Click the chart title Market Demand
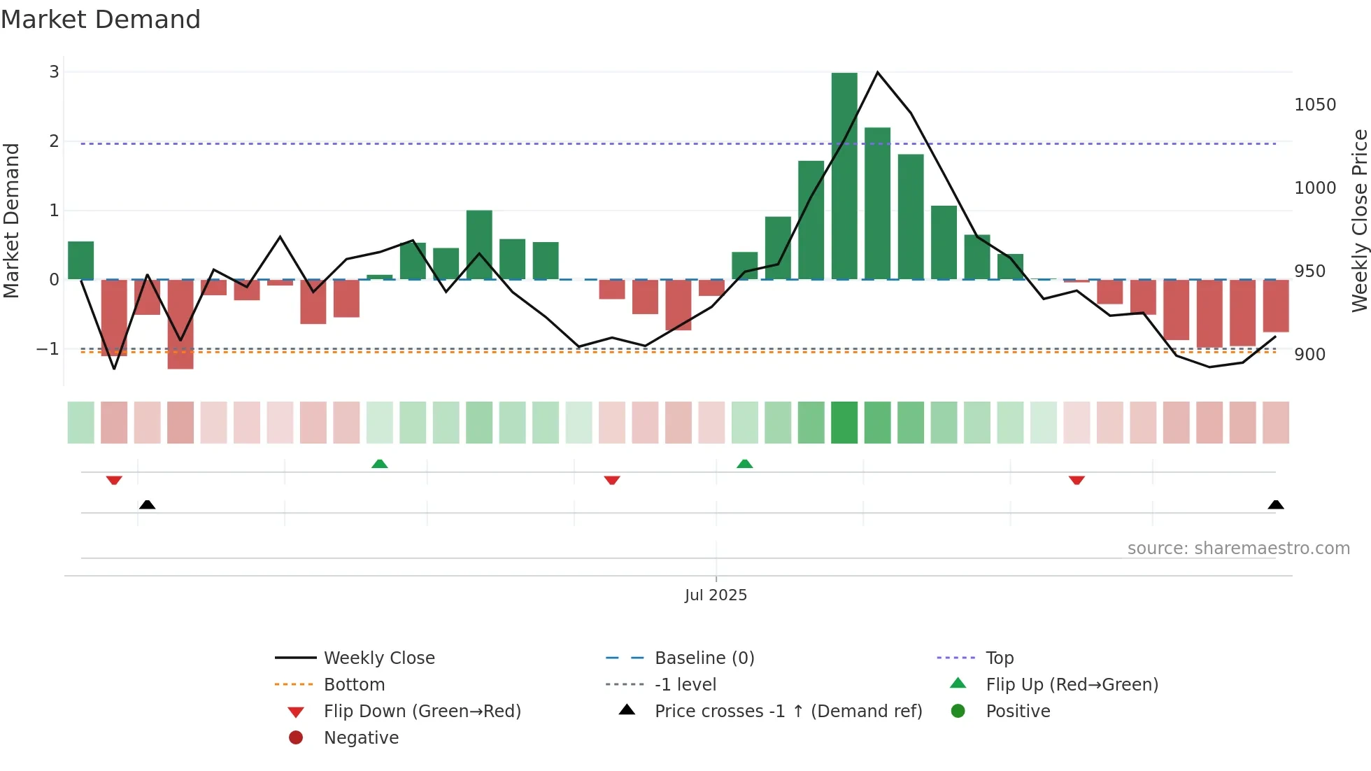101,20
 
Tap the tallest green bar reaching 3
844,175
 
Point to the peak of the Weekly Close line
878,72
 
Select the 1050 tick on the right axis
1315,105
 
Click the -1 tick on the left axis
48,348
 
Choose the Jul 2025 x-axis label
716,595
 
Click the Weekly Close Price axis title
1359,220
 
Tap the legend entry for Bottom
354,685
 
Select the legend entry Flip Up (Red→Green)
1072,685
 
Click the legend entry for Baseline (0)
704,658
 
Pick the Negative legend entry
361,738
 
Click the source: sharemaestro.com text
1238,549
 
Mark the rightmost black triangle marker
1276,504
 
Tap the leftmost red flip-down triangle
114,480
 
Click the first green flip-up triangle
379,464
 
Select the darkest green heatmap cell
844,423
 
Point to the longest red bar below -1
180,324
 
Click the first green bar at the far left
80,260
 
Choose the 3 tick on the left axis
54,72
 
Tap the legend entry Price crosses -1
788,712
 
